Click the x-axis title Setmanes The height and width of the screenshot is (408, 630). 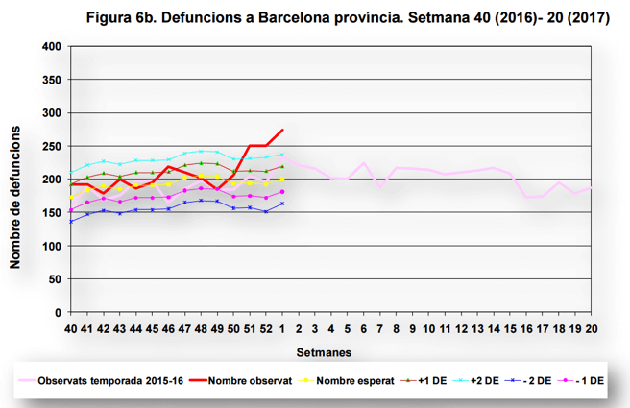click(x=322, y=351)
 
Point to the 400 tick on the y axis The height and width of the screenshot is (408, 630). click(x=52, y=47)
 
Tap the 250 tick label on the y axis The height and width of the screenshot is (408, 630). click(x=52, y=147)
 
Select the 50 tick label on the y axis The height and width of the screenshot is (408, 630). click(x=55, y=279)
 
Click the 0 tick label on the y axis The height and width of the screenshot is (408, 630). click(x=58, y=313)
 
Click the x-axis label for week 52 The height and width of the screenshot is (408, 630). click(x=266, y=328)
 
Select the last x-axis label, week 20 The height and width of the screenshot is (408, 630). click(x=593, y=328)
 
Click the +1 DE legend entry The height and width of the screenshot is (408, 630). click(x=432, y=380)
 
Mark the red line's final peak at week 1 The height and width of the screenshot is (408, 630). click(x=282, y=130)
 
